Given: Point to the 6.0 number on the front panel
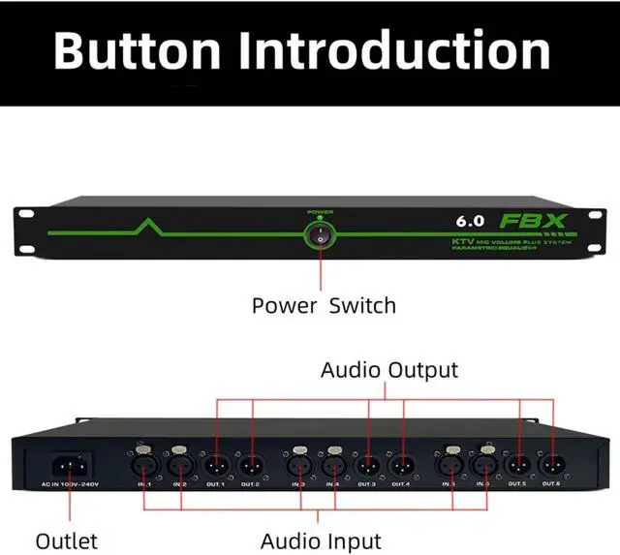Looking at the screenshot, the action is point(472,221).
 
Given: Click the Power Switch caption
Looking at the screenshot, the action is point(324,306).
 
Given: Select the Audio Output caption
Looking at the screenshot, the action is point(389,369).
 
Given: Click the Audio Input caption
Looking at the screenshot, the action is point(321,540).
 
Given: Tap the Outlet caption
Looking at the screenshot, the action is point(67,540).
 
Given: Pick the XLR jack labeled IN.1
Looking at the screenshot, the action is point(144,463).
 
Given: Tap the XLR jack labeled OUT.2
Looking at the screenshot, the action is point(251,463).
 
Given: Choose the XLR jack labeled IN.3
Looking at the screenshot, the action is point(297,463).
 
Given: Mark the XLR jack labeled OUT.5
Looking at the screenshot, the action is point(518,463).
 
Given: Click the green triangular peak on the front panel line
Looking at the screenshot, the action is point(146,227).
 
